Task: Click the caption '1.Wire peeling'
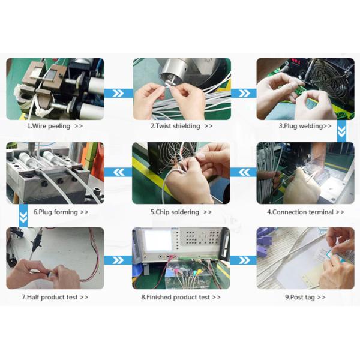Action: point(49,126)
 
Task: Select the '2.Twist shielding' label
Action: point(175,126)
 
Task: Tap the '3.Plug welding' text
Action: point(301,126)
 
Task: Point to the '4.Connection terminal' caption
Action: point(300,212)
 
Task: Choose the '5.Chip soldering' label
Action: point(175,212)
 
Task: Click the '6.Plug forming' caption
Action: point(56,212)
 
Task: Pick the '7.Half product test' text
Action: point(50,297)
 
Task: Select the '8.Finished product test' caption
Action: point(176,297)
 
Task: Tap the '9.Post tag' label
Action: point(300,297)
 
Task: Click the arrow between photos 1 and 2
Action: point(118,93)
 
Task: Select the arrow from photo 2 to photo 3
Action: point(244,93)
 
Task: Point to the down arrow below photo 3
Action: point(341,131)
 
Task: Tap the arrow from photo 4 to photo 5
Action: point(244,172)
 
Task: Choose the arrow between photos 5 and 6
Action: point(118,172)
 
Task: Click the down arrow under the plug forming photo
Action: point(23,216)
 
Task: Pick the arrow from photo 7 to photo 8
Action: point(118,260)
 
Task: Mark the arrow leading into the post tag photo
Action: point(244,260)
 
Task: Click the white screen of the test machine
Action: point(158,240)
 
